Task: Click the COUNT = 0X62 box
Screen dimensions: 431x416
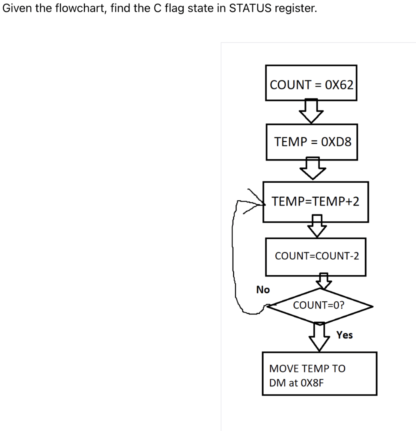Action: coord(311,83)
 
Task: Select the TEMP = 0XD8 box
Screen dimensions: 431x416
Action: coord(312,142)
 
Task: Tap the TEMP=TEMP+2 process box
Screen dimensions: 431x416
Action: coord(315,202)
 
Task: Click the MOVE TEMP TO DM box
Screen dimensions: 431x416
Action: coord(319,374)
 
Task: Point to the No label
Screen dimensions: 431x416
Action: coord(263,290)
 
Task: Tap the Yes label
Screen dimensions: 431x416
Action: coord(344,335)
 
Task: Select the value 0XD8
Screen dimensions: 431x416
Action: coord(336,142)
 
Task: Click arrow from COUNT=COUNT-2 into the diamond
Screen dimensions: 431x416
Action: coord(323,281)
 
